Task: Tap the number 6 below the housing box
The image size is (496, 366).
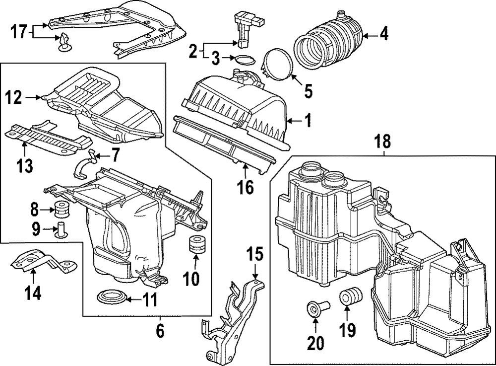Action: point(160,329)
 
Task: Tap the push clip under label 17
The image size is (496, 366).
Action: point(63,42)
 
